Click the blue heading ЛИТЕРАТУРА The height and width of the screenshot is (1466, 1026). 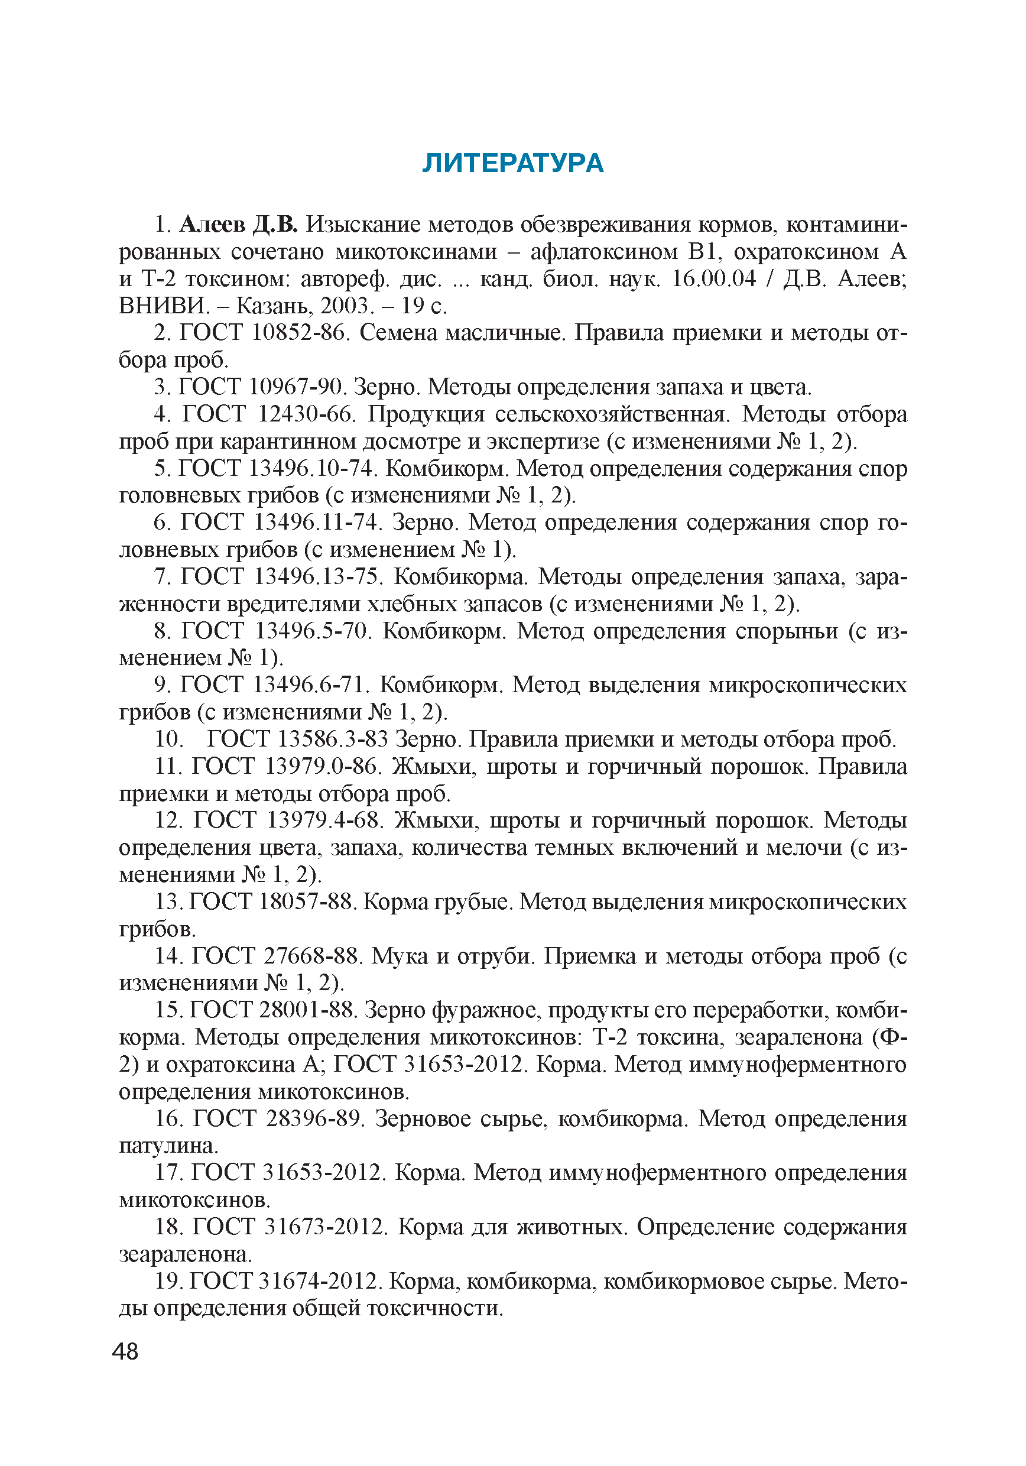(512, 164)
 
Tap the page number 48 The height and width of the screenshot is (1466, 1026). (125, 1351)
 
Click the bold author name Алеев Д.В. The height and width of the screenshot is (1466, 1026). (239, 225)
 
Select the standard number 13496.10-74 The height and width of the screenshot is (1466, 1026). (310, 468)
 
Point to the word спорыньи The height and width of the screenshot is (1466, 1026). (787, 631)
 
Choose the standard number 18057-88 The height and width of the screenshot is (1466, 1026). (309, 901)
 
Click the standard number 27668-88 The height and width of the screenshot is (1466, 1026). (313, 955)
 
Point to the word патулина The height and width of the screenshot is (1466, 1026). (168, 1146)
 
